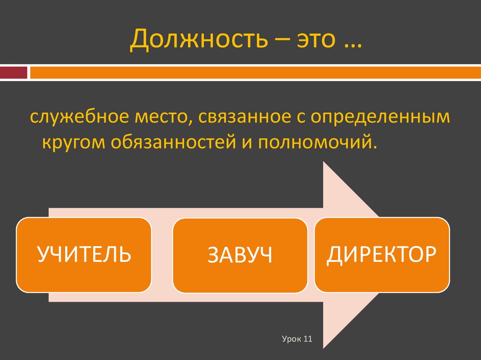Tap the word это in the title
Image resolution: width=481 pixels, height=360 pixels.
pyautogui.click(x=314, y=41)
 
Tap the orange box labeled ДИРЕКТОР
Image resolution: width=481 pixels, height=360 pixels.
pyautogui.click(x=382, y=254)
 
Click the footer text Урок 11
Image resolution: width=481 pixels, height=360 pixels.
pyautogui.click(x=297, y=339)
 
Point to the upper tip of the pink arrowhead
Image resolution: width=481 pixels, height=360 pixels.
pyautogui.click(x=324, y=162)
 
